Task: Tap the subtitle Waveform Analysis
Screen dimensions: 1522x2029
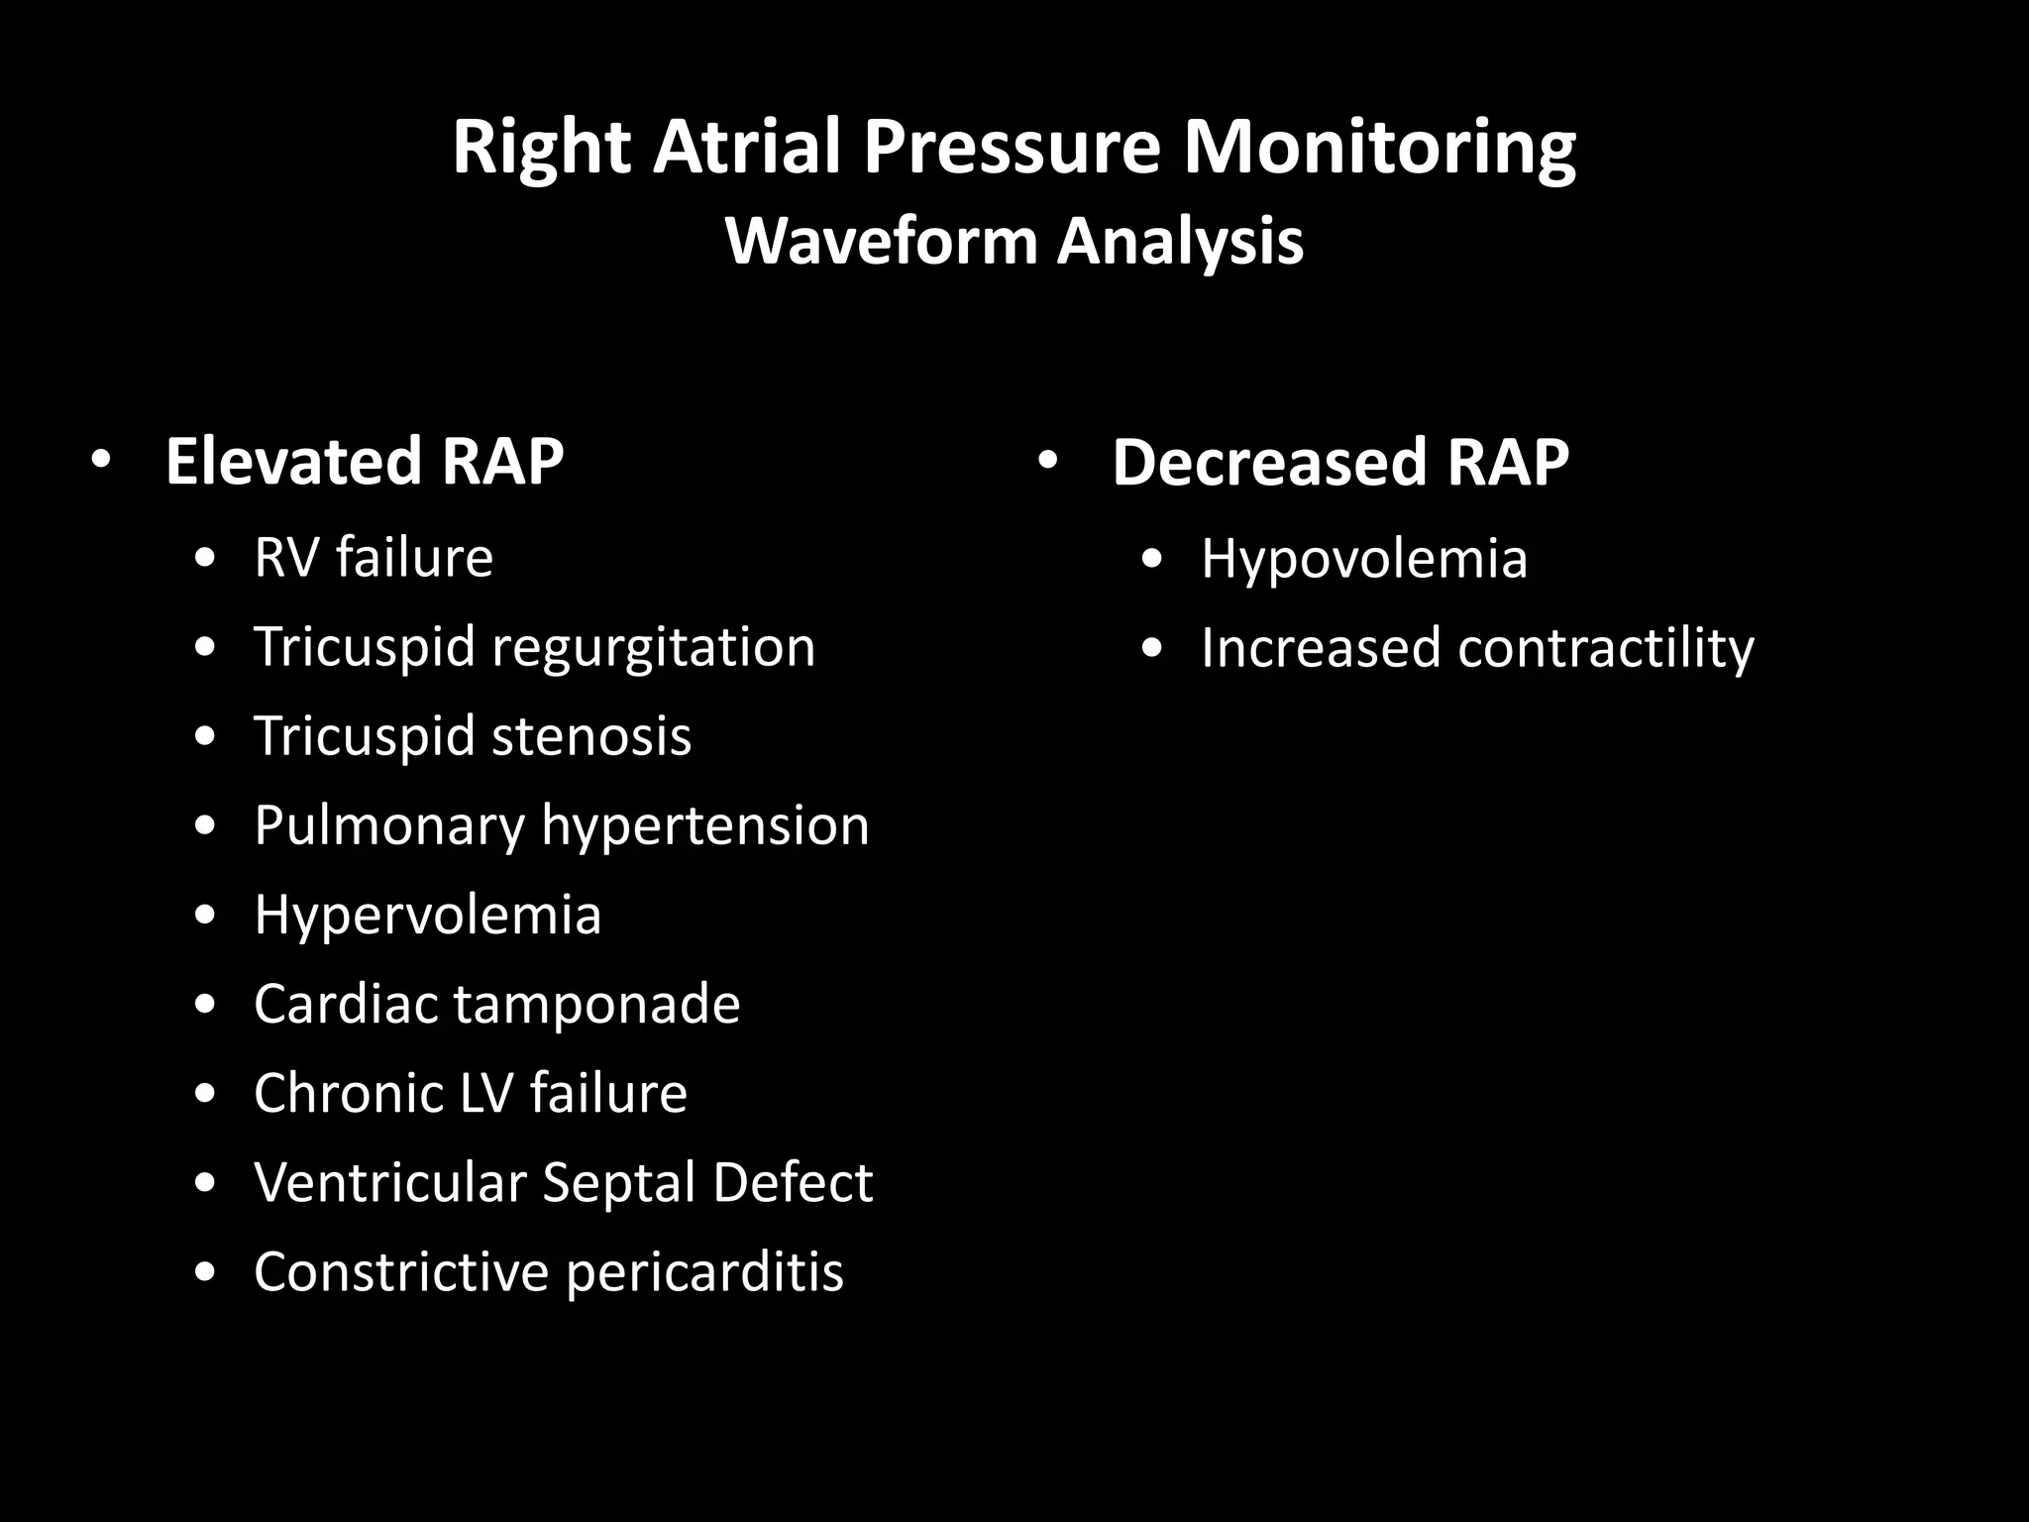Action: pos(1014,241)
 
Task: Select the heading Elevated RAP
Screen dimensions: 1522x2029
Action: pos(364,462)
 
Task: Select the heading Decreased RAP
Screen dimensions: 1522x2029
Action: pos(1339,462)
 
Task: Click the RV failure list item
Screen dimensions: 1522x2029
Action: pos(373,557)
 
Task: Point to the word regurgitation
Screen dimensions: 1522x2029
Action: pos(653,648)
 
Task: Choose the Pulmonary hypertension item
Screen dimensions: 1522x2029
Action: pos(561,825)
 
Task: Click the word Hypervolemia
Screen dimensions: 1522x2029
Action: pos(427,914)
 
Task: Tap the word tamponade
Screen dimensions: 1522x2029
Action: pos(596,1004)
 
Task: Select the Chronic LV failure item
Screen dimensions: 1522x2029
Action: pos(470,1093)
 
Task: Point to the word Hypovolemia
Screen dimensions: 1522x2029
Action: pos(1363,559)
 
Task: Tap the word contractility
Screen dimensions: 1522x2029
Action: pos(1605,648)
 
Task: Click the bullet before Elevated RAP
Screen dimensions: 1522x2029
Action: pos(99,462)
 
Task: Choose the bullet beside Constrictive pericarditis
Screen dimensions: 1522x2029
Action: pos(205,1272)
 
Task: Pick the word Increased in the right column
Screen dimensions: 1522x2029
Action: pos(1320,648)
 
